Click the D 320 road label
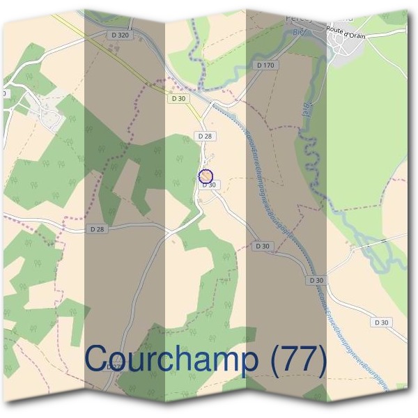click(x=120, y=34)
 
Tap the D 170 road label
click(x=265, y=65)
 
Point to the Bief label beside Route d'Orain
click(x=301, y=31)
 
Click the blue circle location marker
click(x=206, y=176)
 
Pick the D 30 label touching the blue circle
click(x=209, y=185)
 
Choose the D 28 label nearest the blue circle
click(x=204, y=135)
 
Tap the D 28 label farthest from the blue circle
click(x=98, y=229)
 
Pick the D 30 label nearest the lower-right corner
click(x=381, y=323)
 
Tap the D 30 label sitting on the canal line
click(x=316, y=280)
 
